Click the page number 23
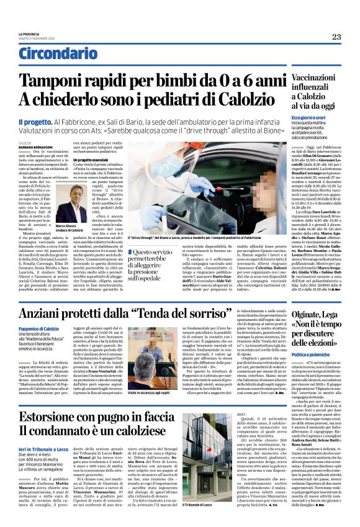pos(336,37)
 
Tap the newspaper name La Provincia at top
pos(29,34)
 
